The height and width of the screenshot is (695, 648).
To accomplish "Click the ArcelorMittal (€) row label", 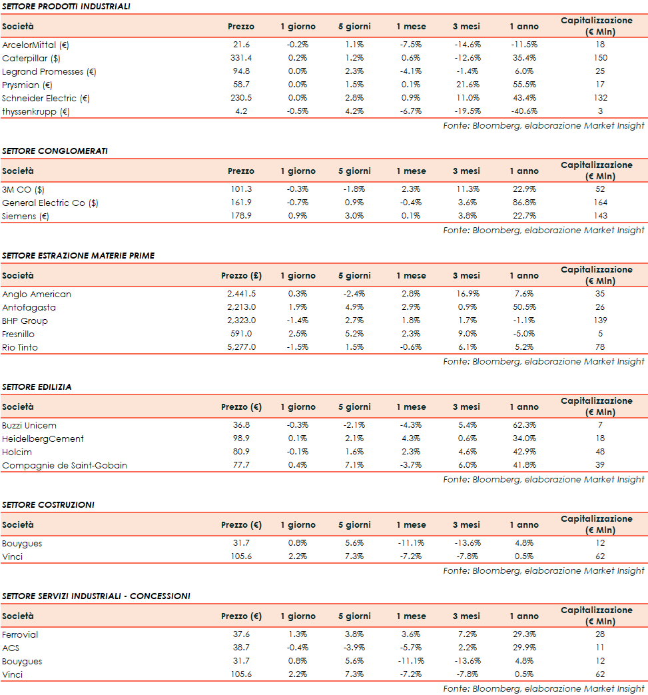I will [x=36, y=45].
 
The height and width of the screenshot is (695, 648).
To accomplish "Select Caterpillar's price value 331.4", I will [x=240, y=58].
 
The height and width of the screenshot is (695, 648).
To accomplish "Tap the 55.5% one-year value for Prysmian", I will [x=523, y=85].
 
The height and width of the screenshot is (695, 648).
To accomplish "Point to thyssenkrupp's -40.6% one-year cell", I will [x=523, y=111].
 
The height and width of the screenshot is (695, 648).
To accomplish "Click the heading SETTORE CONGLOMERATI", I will [x=55, y=151].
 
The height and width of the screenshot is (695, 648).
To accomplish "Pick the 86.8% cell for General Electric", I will [x=523, y=203].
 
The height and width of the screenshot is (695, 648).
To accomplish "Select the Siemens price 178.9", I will [x=240, y=216].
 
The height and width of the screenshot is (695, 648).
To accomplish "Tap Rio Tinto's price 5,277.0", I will [x=240, y=347].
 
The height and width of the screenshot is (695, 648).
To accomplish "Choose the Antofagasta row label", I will [x=29, y=307].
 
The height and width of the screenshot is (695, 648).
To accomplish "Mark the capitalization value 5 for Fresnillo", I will [x=600, y=334].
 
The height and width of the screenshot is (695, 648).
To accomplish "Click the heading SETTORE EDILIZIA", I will [x=37, y=387].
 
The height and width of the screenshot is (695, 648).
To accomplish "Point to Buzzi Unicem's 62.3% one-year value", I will [x=523, y=425].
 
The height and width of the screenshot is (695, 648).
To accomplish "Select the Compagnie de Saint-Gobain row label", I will [x=64, y=465].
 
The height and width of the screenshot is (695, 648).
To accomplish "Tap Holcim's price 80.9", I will [x=240, y=452].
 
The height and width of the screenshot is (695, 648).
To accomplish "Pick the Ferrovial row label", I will [x=21, y=634].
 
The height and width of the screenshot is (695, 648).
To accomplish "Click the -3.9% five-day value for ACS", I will [x=354, y=648].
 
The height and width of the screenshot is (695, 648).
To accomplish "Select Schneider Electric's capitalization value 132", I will [x=600, y=98].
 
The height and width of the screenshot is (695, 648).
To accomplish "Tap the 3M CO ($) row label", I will [x=23, y=189].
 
